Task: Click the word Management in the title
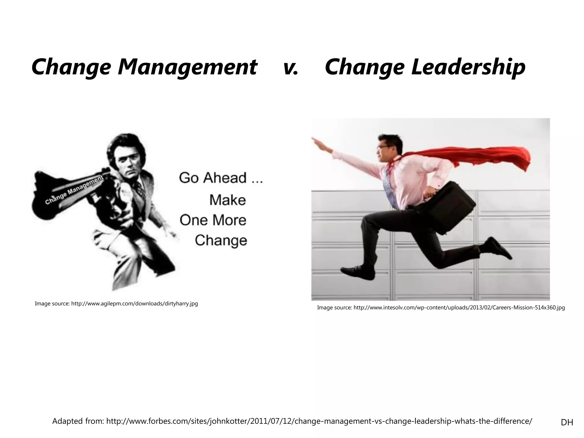(187, 67)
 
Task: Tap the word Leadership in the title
(468, 67)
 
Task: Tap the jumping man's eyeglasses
(384, 147)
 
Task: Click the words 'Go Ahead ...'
(221, 178)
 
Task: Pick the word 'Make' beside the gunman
(228, 200)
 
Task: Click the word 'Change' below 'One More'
(221, 240)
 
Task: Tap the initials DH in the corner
(567, 422)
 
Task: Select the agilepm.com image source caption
(116, 304)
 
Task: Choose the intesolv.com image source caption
(441, 307)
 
